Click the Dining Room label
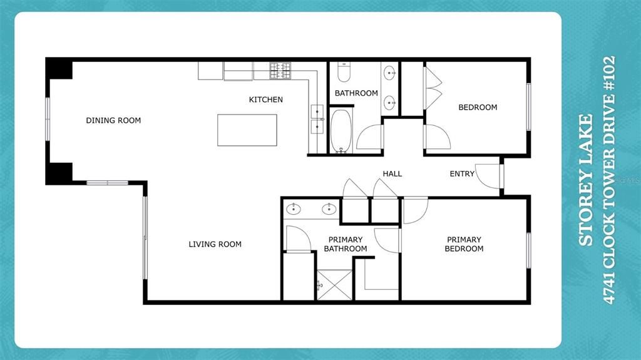coord(113,120)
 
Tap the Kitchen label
coord(265,100)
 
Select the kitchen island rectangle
coord(247,130)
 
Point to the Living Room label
coord(215,244)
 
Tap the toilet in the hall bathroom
coord(344,72)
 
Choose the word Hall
coord(392,173)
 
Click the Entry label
coord(462,173)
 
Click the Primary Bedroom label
coord(464,244)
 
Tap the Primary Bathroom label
coord(345,244)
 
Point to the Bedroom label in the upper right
coord(478,107)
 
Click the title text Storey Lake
coord(586,180)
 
